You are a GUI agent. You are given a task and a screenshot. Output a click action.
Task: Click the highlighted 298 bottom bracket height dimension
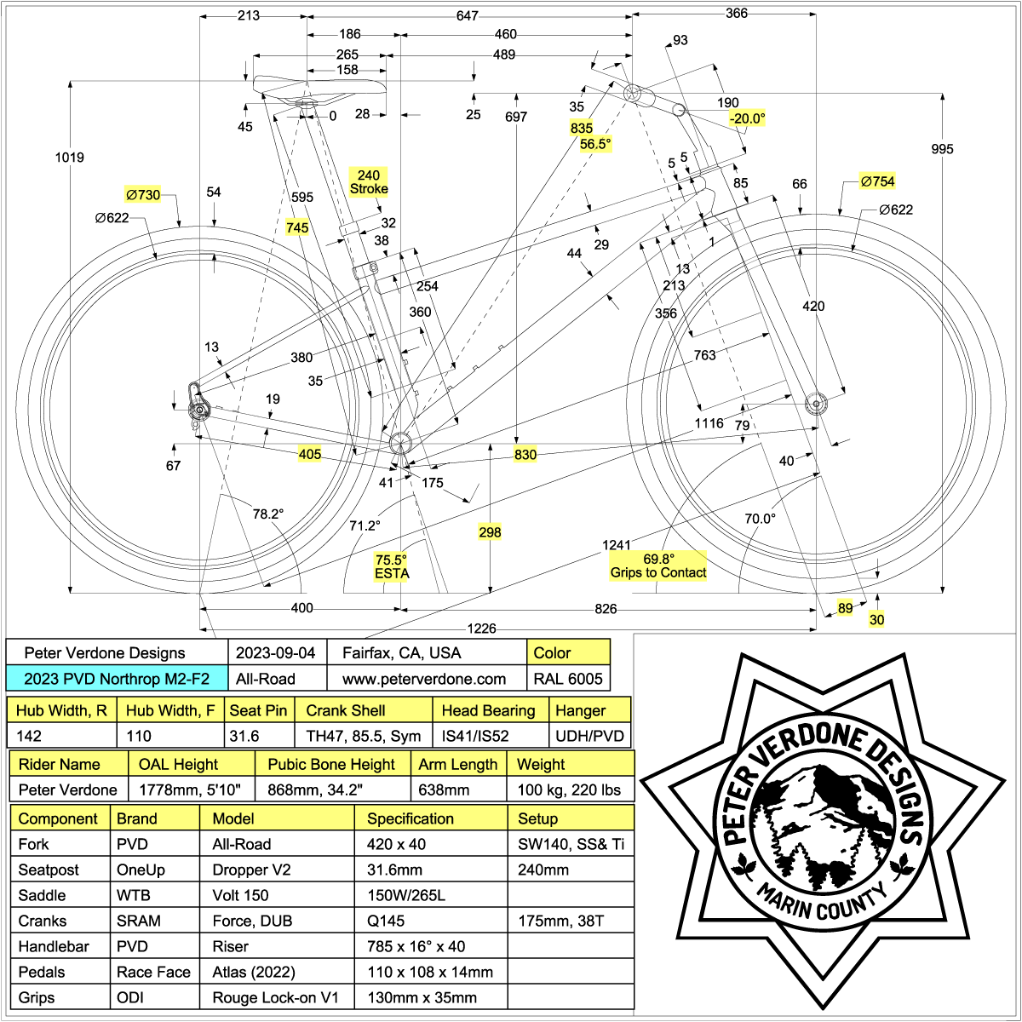[x=490, y=532]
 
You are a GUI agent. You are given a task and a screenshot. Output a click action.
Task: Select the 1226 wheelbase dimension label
[x=481, y=629]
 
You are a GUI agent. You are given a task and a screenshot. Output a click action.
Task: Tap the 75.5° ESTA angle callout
[x=392, y=566]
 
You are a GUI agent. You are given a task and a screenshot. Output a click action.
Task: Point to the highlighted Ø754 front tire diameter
[x=877, y=181]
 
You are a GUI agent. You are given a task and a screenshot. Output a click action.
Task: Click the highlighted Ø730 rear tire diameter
[x=143, y=195]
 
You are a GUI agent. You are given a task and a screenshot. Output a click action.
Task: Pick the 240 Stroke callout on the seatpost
[x=369, y=182]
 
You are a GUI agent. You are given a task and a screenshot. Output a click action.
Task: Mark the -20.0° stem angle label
[x=747, y=118]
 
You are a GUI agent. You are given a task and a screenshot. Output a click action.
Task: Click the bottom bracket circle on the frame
[x=399, y=442]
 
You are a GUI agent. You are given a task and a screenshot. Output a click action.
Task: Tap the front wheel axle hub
[x=815, y=402]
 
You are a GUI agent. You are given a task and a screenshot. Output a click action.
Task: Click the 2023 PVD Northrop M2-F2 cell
[x=116, y=679]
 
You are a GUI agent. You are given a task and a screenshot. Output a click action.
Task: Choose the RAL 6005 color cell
[x=568, y=679]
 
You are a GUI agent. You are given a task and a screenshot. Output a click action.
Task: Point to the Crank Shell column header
[x=345, y=710]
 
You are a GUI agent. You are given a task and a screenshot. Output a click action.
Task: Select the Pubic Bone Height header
[x=331, y=764]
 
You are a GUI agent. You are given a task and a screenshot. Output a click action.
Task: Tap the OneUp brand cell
[x=141, y=870]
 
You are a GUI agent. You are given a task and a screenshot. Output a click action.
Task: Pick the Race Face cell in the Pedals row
[x=153, y=972]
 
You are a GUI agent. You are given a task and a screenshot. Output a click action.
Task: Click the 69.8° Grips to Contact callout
[x=658, y=566]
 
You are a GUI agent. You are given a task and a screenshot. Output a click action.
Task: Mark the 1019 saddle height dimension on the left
[x=69, y=158]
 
